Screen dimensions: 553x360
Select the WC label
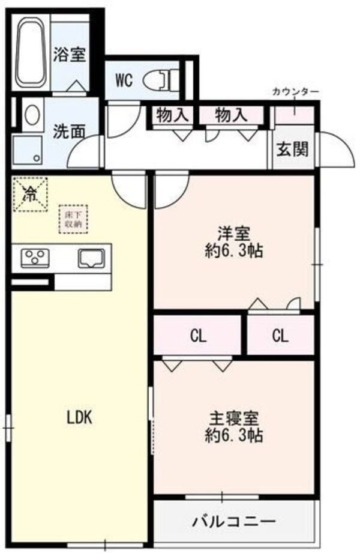click(x=124, y=79)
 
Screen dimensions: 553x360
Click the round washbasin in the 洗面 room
click(x=32, y=114)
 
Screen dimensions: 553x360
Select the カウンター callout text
click(x=295, y=91)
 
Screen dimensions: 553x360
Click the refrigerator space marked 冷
click(x=29, y=193)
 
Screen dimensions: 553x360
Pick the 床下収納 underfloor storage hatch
click(x=73, y=219)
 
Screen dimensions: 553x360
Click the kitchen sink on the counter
click(x=91, y=259)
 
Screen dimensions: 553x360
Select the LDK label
click(x=79, y=418)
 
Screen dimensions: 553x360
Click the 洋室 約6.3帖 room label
click(x=233, y=241)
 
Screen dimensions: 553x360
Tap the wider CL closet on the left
click(x=199, y=336)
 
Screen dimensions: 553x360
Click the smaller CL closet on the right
click(x=280, y=336)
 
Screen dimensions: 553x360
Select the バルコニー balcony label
click(x=234, y=521)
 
